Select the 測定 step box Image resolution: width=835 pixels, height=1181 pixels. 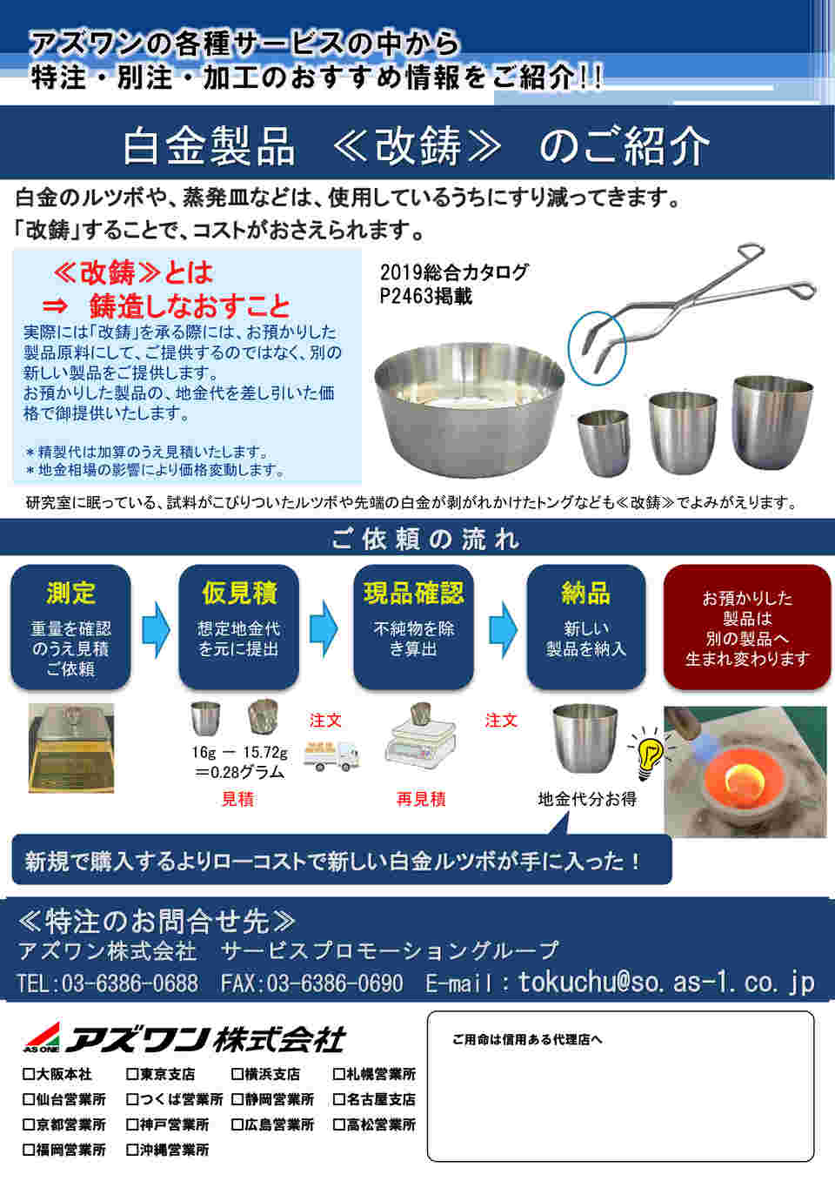click(x=70, y=627)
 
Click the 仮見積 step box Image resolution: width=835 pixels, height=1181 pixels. click(x=238, y=627)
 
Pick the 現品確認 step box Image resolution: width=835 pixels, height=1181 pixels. click(x=413, y=627)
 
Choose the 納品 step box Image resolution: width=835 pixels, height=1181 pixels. click(x=586, y=627)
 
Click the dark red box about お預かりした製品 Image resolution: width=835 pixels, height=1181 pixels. click(x=747, y=627)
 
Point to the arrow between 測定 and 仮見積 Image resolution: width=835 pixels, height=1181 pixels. click(x=156, y=629)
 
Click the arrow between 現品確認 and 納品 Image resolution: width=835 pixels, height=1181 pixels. click(x=503, y=629)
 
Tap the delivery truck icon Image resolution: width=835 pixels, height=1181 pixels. click(x=331, y=756)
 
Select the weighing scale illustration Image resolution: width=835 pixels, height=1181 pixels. click(x=420, y=736)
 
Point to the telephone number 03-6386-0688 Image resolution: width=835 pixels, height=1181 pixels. click(x=130, y=983)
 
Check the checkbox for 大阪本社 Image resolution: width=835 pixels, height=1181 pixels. click(x=29, y=1074)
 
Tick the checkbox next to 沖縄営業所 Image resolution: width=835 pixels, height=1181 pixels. click(x=132, y=1150)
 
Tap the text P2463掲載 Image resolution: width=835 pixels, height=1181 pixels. click(x=425, y=297)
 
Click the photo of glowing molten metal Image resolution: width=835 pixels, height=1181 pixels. click(x=745, y=772)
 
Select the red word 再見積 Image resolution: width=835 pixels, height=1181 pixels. click(x=421, y=799)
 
